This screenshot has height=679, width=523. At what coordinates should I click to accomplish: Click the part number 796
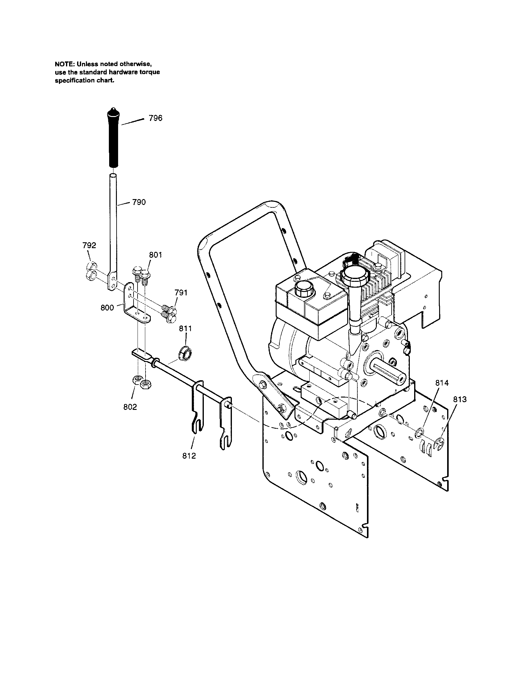coord(155,118)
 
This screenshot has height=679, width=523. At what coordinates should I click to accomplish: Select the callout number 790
coord(139,202)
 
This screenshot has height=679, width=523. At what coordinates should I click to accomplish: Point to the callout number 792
coord(89,245)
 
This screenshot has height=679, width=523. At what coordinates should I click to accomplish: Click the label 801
coord(155,255)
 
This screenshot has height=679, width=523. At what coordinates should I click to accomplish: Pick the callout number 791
coord(181,293)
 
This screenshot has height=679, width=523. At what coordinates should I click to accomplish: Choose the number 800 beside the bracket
coord(107,308)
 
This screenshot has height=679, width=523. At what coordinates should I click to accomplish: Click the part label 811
coord(186,329)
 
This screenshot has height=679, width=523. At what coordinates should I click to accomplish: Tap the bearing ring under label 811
coord(185,352)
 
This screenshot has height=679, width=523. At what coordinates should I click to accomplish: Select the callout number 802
coord(130,407)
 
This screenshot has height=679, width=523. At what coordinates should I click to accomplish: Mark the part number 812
coord(189,456)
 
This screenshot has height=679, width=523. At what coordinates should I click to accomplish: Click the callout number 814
coord(442,383)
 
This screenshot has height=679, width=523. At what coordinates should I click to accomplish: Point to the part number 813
coord(460,399)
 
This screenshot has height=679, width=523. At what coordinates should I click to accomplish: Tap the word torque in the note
coord(150,72)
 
